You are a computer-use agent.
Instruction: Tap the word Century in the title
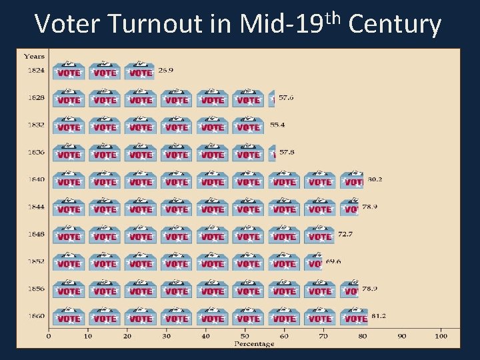395,25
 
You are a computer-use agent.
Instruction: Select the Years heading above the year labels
34,57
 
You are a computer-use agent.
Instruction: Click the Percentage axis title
254,344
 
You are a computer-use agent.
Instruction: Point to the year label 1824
36,70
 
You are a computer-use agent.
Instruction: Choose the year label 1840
36,179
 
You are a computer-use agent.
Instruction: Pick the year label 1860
36,315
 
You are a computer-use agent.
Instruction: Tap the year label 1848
36,234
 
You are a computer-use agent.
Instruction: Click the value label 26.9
165,70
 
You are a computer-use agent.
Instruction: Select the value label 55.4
277,125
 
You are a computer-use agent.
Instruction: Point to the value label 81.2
378,315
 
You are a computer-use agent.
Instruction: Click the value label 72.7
345,234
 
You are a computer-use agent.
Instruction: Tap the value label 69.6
333,261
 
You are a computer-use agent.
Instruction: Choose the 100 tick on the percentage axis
441,336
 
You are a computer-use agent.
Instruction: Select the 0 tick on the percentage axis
48,336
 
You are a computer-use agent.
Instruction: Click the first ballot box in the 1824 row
69,71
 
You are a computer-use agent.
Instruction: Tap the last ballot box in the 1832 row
248,125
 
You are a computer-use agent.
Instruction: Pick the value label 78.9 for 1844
370,207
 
